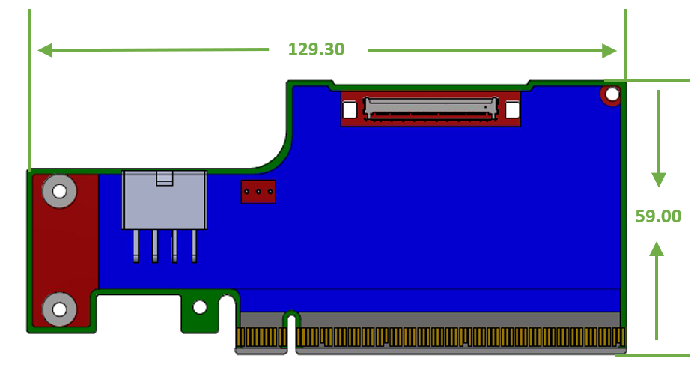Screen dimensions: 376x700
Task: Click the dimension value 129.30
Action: tap(316, 49)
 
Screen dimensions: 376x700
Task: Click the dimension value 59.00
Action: tap(658, 216)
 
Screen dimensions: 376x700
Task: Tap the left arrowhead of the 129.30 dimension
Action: tap(45, 51)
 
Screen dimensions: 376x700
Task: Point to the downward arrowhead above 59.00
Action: tap(658, 179)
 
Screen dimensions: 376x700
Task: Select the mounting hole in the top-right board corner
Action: tap(612, 94)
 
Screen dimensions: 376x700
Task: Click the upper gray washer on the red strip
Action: tap(59, 192)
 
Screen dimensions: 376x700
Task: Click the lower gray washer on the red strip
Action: tap(58, 309)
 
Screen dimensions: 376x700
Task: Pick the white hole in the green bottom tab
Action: tap(199, 307)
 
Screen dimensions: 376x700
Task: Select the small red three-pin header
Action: tap(258, 192)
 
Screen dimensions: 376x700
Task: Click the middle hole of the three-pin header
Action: tap(258, 192)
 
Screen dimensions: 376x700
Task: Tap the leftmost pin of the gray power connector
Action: tap(136, 246)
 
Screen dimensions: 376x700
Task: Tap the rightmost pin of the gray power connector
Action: tap(194, 246)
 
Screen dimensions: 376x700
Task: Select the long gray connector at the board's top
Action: tap(430, 108)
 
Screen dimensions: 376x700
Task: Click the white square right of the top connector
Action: tap(512, 110)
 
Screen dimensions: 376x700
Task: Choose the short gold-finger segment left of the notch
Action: tap(261, 339)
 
